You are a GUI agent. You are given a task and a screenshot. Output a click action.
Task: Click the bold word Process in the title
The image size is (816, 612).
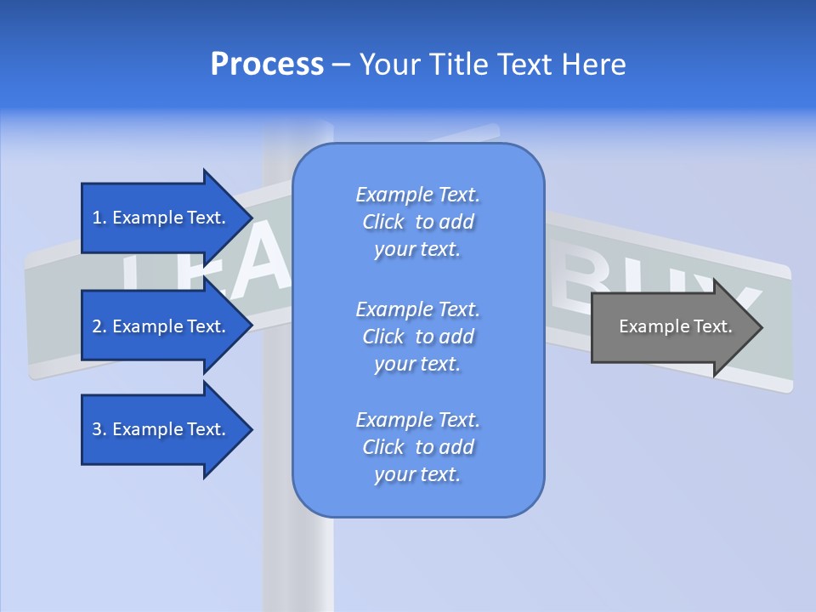[267, 65]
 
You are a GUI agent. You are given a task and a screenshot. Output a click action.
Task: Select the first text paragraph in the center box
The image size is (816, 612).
[417, 222]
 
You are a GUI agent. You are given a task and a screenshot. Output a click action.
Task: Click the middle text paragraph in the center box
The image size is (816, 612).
[417, 337]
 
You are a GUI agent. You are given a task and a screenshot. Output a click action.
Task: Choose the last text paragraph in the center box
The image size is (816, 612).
[417, 447]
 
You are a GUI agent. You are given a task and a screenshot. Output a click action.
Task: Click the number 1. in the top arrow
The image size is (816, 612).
[99, 218]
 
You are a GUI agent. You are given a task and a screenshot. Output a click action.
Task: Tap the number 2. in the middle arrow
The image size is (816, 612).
[99, 326]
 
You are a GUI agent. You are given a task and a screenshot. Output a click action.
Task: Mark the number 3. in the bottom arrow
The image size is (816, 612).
[99, 429]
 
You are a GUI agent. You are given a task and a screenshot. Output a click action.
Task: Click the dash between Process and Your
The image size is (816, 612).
[341, 65]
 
